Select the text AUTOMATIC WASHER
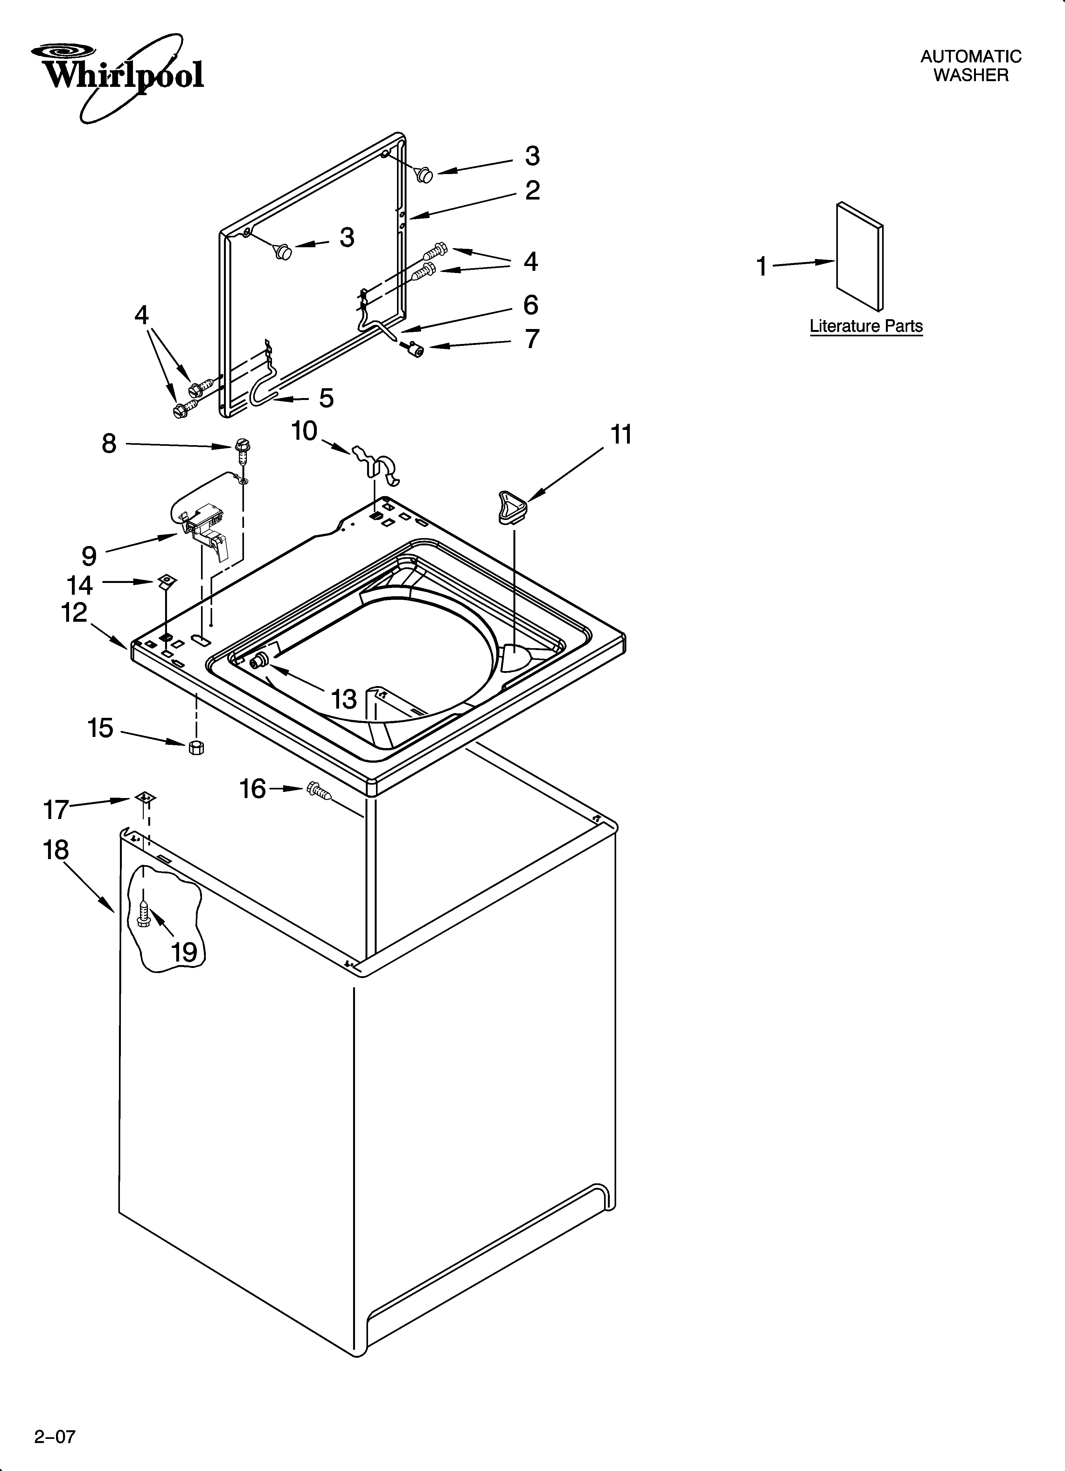[970, 66]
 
